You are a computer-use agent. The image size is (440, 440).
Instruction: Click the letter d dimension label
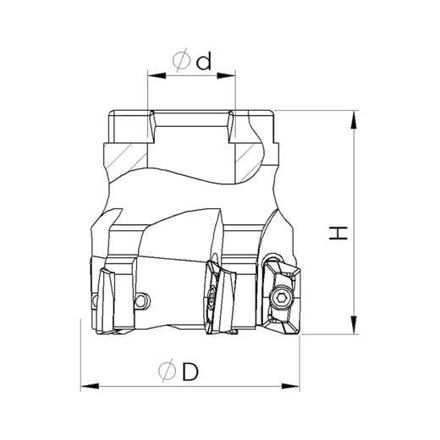[204, 63]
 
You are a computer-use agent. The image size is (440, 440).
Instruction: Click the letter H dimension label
[338, 233]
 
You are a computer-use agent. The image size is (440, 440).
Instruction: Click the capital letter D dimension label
[190, 371]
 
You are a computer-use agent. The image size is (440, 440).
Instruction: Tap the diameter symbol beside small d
[181, 60]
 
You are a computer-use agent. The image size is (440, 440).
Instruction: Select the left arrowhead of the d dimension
[157, 75]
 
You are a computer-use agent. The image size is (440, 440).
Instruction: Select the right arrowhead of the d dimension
[226, 75]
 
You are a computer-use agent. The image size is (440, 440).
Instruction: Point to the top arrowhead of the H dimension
[354, 120]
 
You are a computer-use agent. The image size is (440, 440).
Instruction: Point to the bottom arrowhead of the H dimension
[354, 325]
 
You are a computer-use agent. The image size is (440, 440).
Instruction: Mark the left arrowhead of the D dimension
[90, 386]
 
